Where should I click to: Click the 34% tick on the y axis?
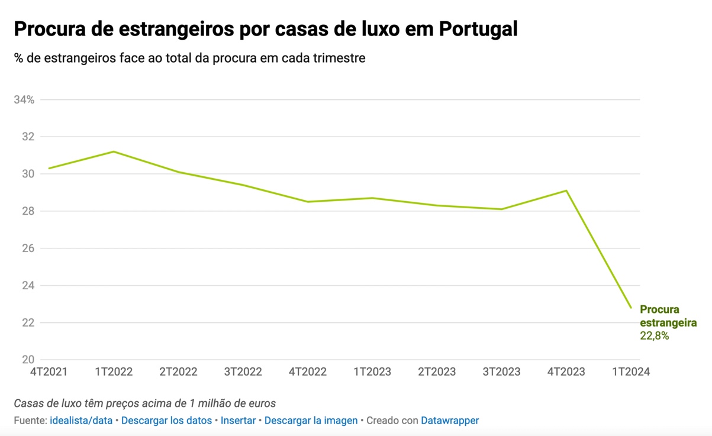point(24,99)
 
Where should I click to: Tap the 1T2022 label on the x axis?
point(114,372)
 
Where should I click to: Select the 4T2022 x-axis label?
point(308,372)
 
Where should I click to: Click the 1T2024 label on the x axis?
point(631,372)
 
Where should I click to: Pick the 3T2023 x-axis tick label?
point(501,372)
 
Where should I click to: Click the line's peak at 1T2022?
point(114,151)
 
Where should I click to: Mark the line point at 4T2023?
point(566,190)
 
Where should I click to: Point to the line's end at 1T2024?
point(631,308)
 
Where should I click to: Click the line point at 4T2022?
point(308,202)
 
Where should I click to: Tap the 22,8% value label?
point(655,336)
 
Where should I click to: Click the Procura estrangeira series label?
point(668,316)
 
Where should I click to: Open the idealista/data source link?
point(81,421)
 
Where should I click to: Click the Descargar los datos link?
point(166,421)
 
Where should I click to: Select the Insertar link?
point(238,421)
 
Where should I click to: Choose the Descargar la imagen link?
point(311,421)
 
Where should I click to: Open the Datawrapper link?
point(450,421)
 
